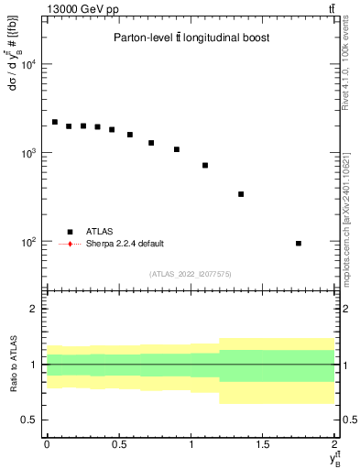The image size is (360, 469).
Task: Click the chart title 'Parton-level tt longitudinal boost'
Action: pos(191,38)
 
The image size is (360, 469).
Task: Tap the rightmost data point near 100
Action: pos(299,243)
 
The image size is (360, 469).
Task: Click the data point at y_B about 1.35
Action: pos(241,194)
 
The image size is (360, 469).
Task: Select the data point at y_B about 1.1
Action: pos(205,165)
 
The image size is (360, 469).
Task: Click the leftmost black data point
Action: pos(54,122)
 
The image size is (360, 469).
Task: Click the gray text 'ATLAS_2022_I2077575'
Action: pos(191,273)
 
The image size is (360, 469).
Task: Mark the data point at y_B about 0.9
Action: pos(176,149)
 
